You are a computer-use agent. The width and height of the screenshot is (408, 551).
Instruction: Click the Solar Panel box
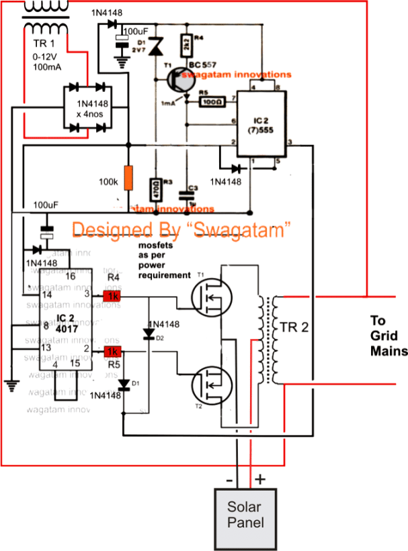[x=243, y=515]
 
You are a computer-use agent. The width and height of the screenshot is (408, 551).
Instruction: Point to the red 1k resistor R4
[x=111, y=295]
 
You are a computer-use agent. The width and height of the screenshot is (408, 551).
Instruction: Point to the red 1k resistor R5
[x=111, y=352]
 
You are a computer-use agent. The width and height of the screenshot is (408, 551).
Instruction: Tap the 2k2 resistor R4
[x=187, y=46]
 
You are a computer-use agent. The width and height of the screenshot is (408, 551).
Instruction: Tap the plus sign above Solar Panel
[x=259, y=479]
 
